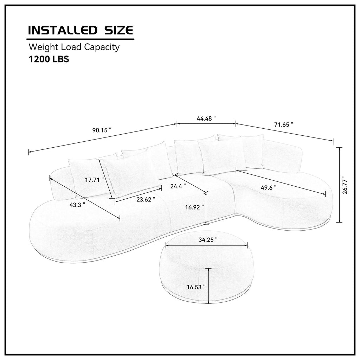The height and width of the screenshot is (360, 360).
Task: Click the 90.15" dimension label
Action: coord(102,130)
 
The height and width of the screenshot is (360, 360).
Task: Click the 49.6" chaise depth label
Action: coord(269,187)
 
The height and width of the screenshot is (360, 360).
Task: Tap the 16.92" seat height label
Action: coord(194,207)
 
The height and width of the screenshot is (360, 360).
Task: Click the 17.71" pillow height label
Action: coord(95,180)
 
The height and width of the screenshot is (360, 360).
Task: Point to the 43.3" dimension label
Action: coord(77,205)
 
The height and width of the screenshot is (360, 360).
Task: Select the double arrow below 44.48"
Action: coord(206,124)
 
